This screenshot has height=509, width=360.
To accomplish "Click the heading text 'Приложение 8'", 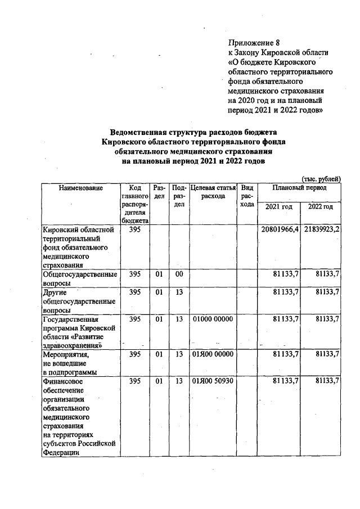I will pyautogui.click(x=254, y=43).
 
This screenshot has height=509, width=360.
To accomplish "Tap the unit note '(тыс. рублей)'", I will pyautogui.click(x=321, y=178).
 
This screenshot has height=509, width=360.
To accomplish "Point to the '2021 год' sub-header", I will pyautogui.click(x=279, y=207).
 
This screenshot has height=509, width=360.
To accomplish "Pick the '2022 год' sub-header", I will pyautogui.click(x=321, y=207).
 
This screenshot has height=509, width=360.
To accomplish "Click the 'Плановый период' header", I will pyautogui.click(x=300, y=188).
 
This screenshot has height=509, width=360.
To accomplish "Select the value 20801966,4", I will pyautogui.click(x=280, y=230).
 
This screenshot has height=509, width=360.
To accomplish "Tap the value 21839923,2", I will pyautogui.click(x=321, y=230).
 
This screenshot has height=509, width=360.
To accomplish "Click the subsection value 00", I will pyautogui.click(x=179, y=274).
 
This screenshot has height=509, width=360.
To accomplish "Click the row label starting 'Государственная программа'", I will pyautogui.click(x=79, y=332).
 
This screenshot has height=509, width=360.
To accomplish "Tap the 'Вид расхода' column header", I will pyautogui.click(x=246, y=196).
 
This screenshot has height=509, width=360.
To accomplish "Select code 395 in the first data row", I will pyautogui.click(x=135, y=230).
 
